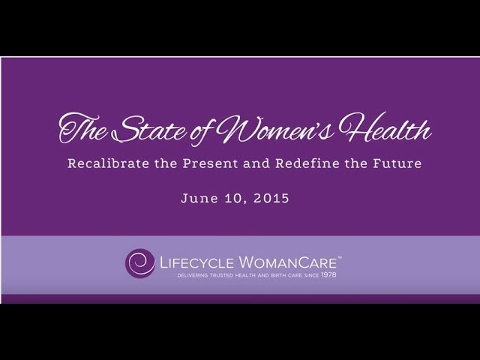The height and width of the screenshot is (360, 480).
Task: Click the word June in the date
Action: [196, 200]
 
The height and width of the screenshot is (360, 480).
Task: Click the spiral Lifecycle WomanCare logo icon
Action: [139, 263]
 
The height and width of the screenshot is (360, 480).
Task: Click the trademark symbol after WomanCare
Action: [340, 255]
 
